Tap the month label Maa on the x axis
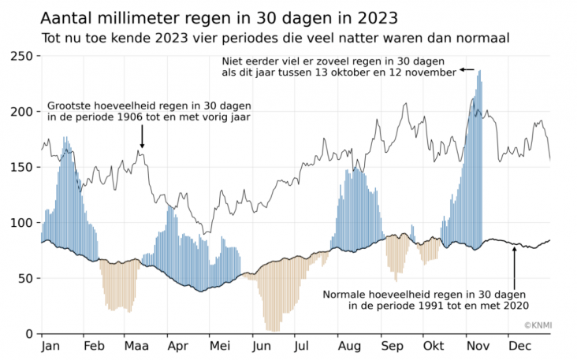136,346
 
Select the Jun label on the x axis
260,346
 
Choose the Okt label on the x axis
434,346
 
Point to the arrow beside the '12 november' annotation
467,70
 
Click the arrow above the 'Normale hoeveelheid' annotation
514,268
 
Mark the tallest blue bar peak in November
480,72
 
